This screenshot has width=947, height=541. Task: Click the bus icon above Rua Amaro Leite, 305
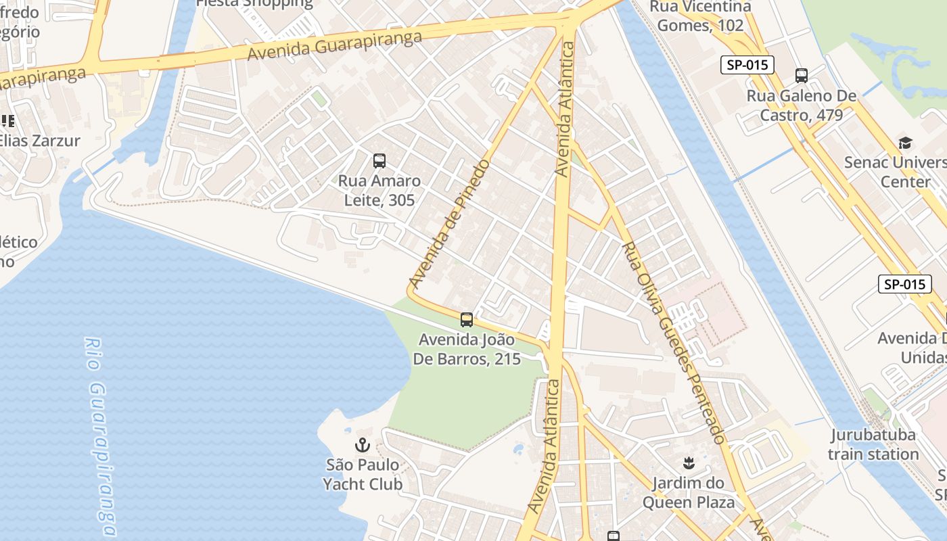coord(379,161)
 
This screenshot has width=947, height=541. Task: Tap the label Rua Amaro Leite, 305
coord(379,191)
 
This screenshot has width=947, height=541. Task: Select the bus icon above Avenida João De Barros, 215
coord(467,320)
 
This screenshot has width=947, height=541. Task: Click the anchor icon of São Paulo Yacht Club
coord(363,445)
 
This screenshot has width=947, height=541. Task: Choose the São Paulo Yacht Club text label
coord(363,475)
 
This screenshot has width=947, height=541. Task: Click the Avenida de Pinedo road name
coord(450,223)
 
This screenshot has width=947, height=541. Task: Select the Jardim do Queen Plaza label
coord(688,492)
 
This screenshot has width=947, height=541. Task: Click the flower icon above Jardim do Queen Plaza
coord(689,463)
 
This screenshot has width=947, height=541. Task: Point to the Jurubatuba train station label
coord(874,444)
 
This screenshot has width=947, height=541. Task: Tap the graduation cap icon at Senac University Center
coord(905,143)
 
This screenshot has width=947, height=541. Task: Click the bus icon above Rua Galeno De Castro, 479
coord(802,76)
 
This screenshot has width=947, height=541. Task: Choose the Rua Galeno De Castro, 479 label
coord(802,105)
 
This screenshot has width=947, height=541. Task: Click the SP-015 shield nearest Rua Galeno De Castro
coord(747,65)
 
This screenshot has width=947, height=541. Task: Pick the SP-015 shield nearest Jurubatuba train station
coord(904,284)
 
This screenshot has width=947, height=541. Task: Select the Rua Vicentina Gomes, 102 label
coord(700,16)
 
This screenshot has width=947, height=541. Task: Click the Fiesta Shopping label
coord(254,3)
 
